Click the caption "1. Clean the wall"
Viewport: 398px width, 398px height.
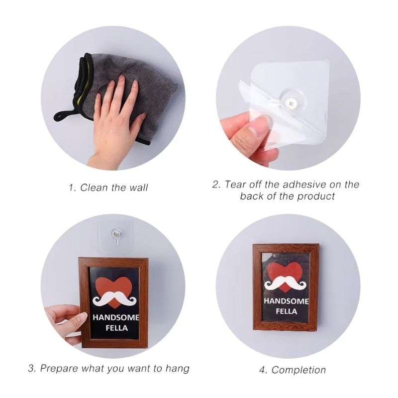pos(108,188)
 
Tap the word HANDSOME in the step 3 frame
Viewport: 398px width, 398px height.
pos(116,318)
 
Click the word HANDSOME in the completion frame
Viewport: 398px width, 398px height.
pos(286,301)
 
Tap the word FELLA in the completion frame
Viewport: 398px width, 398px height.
pos(286,312)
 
